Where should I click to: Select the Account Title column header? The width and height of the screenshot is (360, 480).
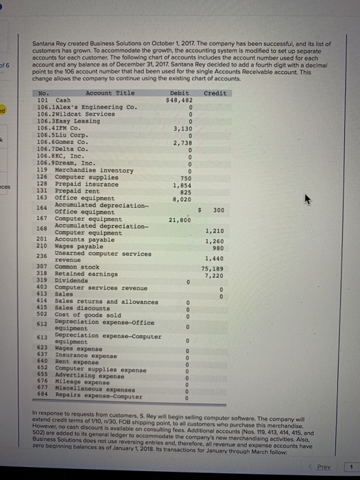tap(110, 93)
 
